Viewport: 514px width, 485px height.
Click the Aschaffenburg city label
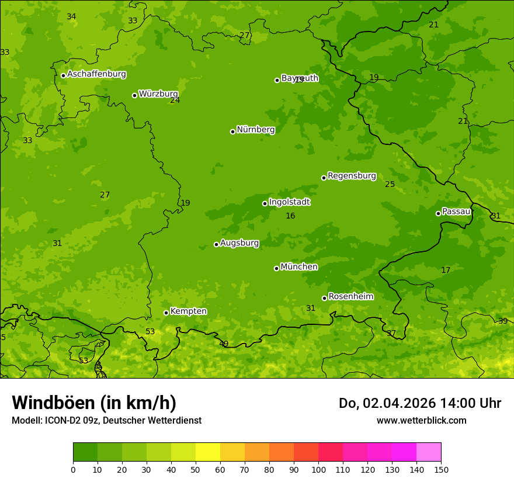(96, 74)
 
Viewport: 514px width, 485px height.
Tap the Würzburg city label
(158, 94)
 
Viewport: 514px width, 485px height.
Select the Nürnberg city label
(256, 130)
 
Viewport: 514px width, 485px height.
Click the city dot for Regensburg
(324, 178)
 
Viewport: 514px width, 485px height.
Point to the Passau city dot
(438, 213)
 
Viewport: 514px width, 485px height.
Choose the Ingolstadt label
(290, 202)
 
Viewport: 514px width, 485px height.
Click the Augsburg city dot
(216, 244)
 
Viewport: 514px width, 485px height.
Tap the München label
(299, 267)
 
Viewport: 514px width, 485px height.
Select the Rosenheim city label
(351, 297)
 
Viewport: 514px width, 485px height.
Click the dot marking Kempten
(166, 313)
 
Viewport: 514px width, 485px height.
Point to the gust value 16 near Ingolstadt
(290, 216)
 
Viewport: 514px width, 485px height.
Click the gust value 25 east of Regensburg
(390, 185)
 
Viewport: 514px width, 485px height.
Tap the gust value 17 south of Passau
(446, 270)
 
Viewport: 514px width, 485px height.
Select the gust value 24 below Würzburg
(175, 101)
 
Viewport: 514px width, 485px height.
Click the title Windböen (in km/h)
(94, 403)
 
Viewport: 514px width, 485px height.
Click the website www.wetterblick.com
(421, 420)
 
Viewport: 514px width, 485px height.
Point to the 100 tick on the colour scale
(318, 469)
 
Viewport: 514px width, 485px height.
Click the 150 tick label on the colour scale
(441, 469)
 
